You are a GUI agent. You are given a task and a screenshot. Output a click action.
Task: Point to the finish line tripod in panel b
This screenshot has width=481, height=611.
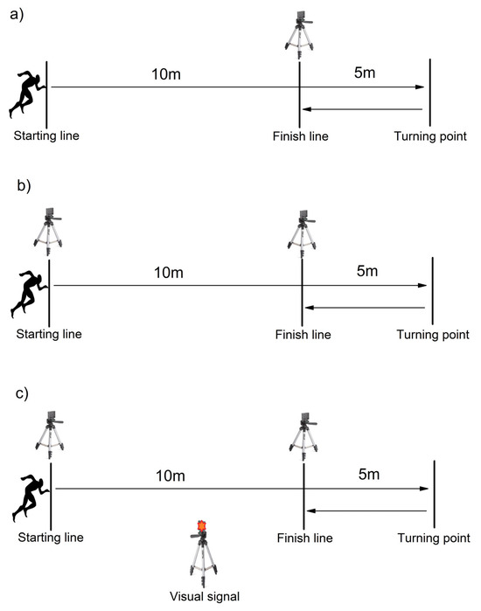(x=302, y=232)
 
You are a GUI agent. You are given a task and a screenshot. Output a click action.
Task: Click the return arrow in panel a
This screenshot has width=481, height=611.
(x=362, y=109)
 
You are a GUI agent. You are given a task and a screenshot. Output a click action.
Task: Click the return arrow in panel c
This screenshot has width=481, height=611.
(x=367, y=511)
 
